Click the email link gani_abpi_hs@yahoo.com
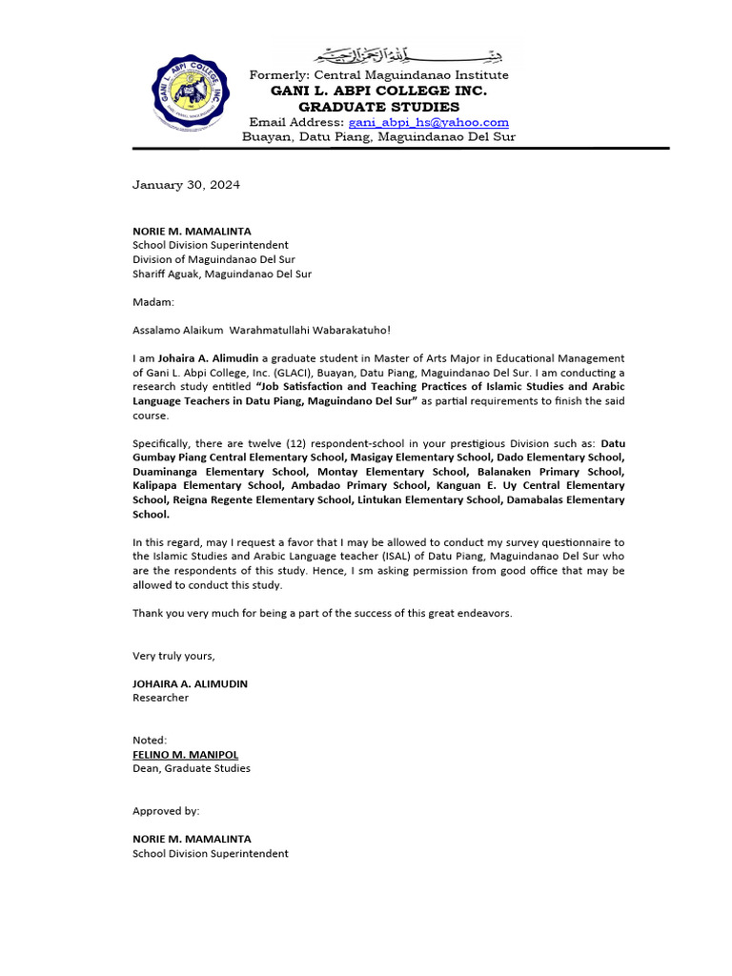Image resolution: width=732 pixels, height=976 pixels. (x=428, y=123)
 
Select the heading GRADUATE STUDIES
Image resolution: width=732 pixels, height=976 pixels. (x=378, y=107)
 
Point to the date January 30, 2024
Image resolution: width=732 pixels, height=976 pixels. (x=186, y=185)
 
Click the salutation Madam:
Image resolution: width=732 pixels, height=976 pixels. (x=153, y=302)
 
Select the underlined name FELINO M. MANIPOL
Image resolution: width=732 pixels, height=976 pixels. (x=185, y=754)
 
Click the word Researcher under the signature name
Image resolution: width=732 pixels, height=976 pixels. (x=160, y=698)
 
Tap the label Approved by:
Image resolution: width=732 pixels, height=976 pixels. (x=166, y=811)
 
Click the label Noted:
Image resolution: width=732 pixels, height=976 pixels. (x=150, y=740)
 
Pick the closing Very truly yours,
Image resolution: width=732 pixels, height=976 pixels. (x=173, y=656)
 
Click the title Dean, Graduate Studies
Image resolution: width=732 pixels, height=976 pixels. (x=192, y=768)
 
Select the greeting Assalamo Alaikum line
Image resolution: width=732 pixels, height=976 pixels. (x=261, y=330)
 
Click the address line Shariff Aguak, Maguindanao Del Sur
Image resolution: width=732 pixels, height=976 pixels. (x=222, y=274)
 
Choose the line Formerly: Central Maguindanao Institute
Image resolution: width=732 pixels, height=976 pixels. (x=378, y=75)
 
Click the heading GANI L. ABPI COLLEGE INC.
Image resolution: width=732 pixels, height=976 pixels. (x=378, y=91)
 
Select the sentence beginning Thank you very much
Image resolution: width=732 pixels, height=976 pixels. (x=322, y=613)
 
